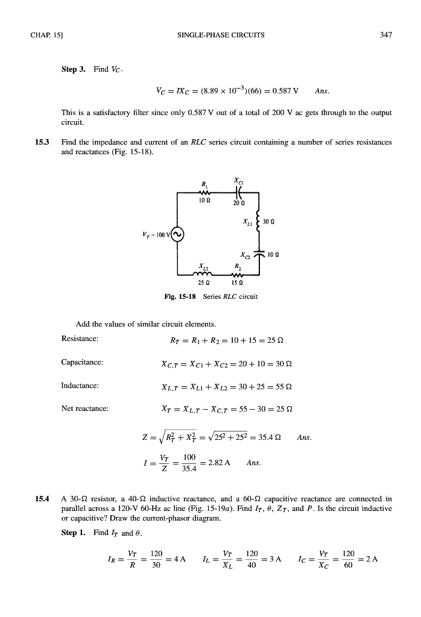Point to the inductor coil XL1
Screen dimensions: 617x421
258,226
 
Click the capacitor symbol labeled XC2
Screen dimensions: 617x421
258,255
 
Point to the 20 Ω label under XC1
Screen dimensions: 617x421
238,203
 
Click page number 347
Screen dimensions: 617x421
387,34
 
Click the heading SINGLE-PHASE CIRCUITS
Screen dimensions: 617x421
210,34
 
